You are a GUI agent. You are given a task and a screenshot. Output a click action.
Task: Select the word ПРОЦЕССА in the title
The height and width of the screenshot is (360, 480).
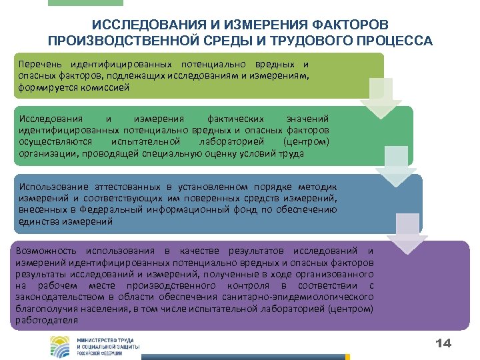pos(394,41)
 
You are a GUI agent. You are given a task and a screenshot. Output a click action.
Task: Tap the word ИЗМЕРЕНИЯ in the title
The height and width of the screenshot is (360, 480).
pos(241,25)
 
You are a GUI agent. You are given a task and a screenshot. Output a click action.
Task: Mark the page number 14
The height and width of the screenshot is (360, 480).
pos(443,343)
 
